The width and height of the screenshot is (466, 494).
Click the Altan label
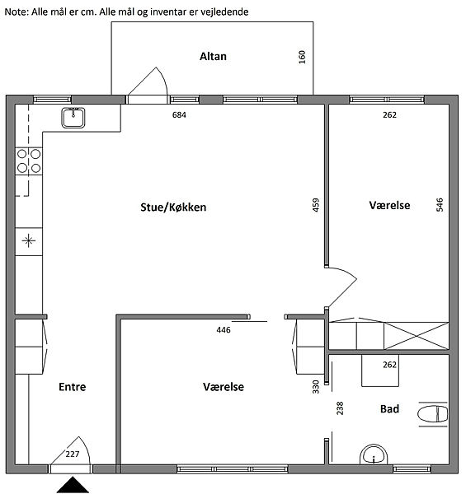tap(213, 56)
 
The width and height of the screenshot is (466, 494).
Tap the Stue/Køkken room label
tap(173, 207)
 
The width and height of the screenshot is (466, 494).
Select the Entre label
tap(73, 387)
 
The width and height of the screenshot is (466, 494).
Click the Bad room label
tap(389, 408)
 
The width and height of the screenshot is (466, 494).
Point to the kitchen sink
tap(73, 118)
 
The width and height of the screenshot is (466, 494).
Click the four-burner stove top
tap(29, 161)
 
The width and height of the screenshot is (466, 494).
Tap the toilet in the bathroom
tap(432, 414)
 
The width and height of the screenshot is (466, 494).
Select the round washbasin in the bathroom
tap(374, 454)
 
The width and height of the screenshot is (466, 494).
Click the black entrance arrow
tap(73, 485)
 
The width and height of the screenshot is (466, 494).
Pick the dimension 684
tap(179, 115)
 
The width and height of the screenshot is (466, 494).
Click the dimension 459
tap(316, 205)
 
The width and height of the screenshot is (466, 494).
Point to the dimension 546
tap(440, 204)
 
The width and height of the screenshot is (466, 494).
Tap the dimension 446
tap(224, 330)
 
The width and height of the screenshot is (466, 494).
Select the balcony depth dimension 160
tap(302, 57)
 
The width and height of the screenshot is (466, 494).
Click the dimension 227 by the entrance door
tap(73, 454)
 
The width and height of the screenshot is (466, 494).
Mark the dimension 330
tap(316, 387)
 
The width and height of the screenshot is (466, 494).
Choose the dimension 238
tap(340, 408)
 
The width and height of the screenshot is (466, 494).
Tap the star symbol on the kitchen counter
tap(29, 241)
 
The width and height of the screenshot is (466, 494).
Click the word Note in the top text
tap(16, 12)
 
